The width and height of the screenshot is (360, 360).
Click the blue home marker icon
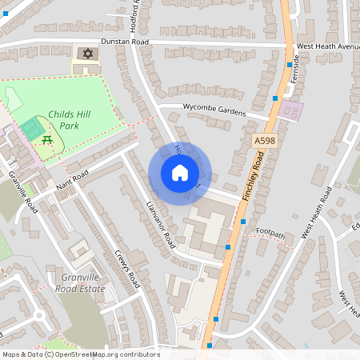tap(180, 173)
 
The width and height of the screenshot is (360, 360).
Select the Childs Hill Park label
tap(70, 120)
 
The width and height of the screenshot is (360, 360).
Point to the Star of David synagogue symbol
tap(86, 54)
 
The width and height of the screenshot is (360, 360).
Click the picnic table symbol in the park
tap(47, 139)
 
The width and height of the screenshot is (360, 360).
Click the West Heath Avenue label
tap(328, 46)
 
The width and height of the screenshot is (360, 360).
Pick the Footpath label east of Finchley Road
tap(270, 232)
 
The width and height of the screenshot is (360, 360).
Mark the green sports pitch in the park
tap(32, 126)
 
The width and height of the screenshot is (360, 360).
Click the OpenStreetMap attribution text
tap(80, 354)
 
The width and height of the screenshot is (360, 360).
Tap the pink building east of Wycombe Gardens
tap(293, 111)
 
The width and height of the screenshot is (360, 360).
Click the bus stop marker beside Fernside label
tap(290, 65)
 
